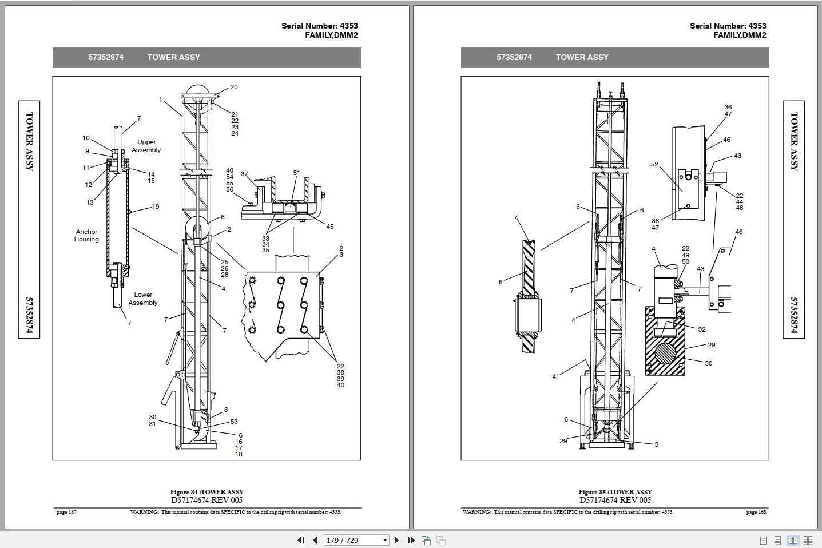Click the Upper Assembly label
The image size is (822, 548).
[146, 146]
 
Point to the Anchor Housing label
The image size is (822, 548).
[86, 236]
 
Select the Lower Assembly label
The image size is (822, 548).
[143, 299]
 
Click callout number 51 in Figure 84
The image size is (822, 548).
[296, 173]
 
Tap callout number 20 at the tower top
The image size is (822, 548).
[234, 88]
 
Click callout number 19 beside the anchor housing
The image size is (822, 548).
[156, 207]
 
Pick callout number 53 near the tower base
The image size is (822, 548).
[234, 422]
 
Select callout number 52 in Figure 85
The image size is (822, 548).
[654, 164]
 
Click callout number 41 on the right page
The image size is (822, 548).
[555, 376]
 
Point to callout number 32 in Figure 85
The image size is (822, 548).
[702, 329]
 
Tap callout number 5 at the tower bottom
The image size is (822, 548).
[656, 444]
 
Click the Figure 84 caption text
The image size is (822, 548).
[207, 492]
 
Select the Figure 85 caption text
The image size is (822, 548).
[615, 492]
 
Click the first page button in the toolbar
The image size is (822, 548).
[301, 540]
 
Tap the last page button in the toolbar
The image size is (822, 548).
[410, 540]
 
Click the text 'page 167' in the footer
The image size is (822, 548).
[66, 512]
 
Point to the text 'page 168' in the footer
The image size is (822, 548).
[756, 512]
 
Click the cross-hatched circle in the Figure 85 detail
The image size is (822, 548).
[665, 358]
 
